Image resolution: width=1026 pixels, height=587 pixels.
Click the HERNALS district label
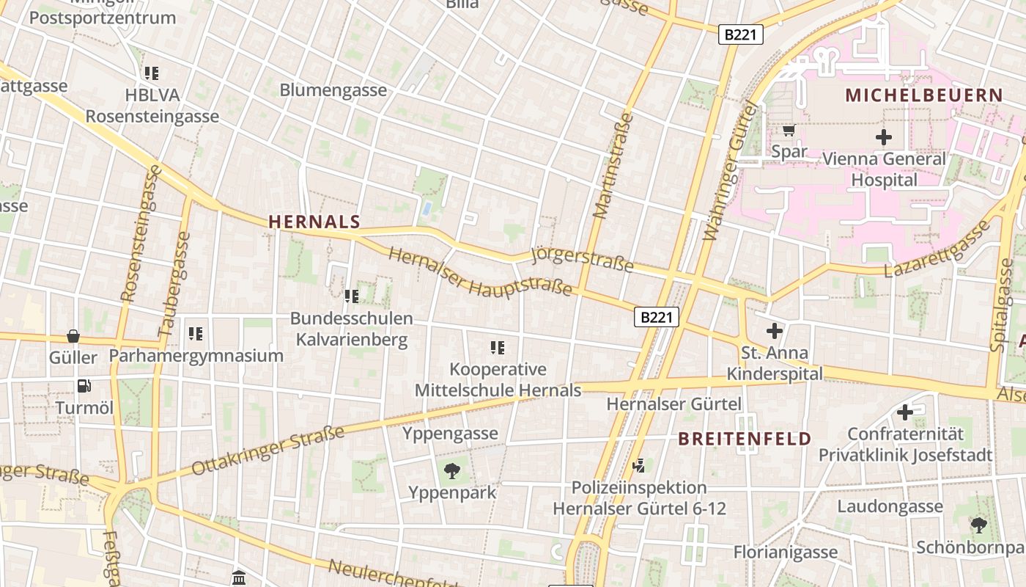click(x=314, y=222)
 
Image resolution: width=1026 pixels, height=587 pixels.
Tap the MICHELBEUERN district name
click(x=923, y=95)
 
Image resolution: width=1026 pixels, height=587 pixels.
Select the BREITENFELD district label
click(x=744, y=439)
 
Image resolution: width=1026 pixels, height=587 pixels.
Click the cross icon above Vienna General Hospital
click(x=884, y=136)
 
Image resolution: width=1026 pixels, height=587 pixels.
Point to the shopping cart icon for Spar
click(x=789, y=131)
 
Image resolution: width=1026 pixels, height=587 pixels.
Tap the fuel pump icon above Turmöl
click(x=84, y=385)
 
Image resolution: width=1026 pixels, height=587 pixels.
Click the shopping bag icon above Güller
click(x=73, y=336)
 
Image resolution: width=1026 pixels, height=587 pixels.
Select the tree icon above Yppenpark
click(x=452, y=469)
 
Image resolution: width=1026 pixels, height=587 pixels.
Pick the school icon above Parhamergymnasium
click(x=196, y=334)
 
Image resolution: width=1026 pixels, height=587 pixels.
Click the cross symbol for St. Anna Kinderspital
click(x=774, y=331)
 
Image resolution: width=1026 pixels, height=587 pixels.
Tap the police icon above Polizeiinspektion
click(x=639, y=464)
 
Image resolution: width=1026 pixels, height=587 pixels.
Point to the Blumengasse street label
click(x=333, y=90)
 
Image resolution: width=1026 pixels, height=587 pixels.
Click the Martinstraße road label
click(x=612, y=165)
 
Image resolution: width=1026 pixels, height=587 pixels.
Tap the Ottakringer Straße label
click(x=267, y=451)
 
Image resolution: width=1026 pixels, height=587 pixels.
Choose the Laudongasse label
click(x=890, y=506)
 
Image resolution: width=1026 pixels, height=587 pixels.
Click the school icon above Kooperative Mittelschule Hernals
click(x=498, y=347)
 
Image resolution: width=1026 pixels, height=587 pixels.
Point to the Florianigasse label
click(x=786, y=552)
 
